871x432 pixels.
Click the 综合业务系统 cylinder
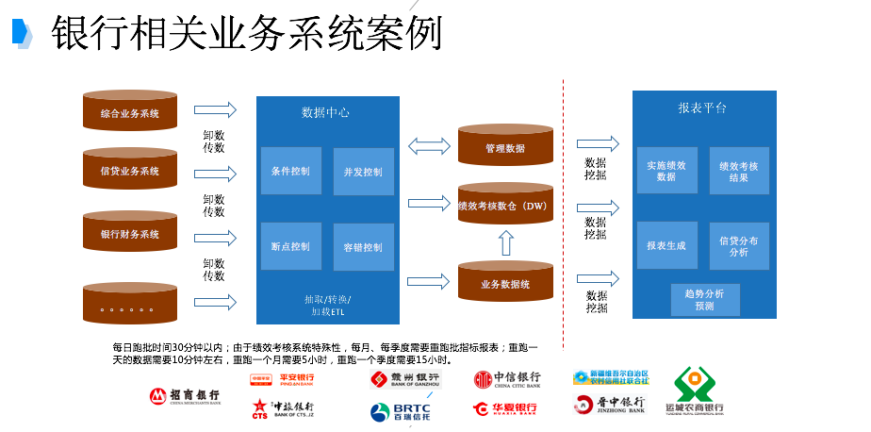coord(130,113)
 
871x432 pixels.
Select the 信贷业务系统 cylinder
coord(130,171)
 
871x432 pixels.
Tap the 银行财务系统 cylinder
coord(130,234)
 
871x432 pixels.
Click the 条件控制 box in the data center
coord(290,172)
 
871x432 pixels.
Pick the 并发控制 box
coord(363,172)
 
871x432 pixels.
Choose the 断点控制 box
coord(290,246)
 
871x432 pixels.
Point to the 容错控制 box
coord(363,247)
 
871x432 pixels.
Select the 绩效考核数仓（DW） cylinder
coord(505,206)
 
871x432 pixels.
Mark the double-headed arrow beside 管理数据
coord(429,145)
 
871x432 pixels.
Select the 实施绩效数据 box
coord(666,171)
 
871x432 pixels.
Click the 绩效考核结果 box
coord(739,171)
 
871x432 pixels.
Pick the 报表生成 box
coord(666,246)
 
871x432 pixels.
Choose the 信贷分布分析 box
coord(739,246)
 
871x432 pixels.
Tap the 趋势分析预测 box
coord(705,300)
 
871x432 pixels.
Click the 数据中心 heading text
coord(325,112)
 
